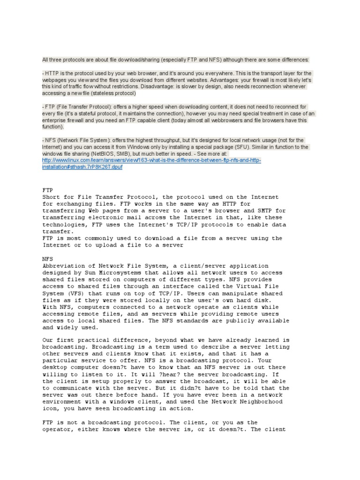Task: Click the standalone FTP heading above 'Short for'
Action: [x=48, y=190]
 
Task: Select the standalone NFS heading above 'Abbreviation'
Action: [x=48, y=258]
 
